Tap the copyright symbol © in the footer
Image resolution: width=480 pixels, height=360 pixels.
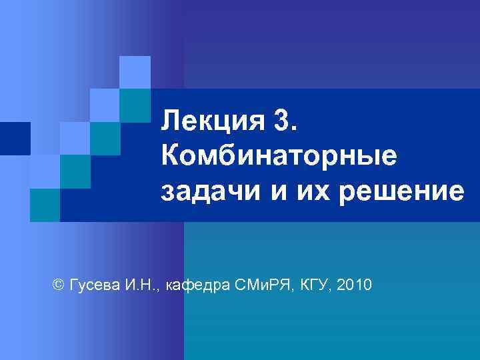(57, 285)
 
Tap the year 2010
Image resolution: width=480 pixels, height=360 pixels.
(355, 285)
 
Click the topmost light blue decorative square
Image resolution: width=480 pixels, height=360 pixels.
(135, 72)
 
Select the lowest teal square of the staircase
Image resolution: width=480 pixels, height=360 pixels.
(45, 205)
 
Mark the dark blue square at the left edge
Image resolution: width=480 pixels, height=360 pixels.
(15, 139)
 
